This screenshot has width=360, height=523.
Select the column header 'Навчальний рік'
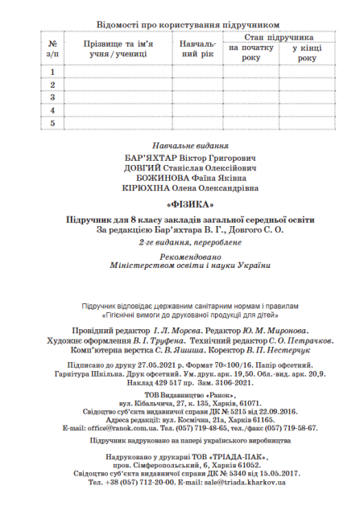tap(197, 49)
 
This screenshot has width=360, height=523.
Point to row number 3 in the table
tap(52, 97)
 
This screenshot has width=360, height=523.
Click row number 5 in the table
tap(52, 123)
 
